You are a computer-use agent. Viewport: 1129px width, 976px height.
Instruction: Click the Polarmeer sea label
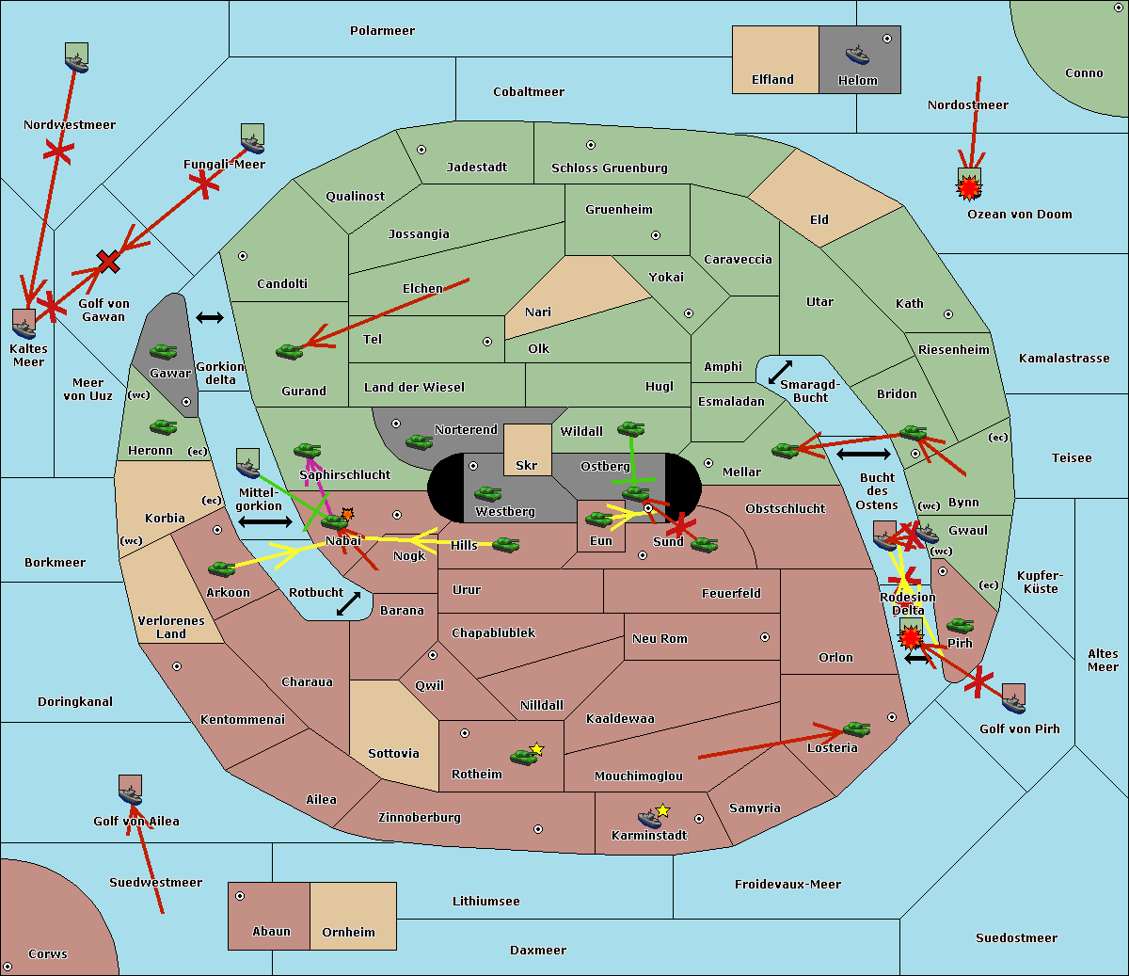(x=382, y=31)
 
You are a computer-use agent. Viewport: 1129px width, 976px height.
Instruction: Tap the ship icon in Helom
(x=856, y=54)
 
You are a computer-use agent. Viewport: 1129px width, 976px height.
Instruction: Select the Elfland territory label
(x=772, y=80)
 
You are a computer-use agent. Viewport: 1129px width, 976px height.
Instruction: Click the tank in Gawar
(x=163, y=352)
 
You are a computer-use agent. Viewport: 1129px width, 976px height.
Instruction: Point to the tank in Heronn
(x=164, y=427)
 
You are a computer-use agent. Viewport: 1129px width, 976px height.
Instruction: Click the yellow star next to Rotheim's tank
(x=537, y=749)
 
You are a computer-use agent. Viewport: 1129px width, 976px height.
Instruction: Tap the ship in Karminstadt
(x=649, y=817)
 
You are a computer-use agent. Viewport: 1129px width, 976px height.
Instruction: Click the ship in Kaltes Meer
(x=24, y=324)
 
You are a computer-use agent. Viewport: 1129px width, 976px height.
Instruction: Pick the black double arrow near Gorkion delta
(x=209, y=317)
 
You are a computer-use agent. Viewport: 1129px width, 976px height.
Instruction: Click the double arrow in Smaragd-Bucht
(x=780, y=373)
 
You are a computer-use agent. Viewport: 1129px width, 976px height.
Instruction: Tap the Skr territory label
(x=527, y=465)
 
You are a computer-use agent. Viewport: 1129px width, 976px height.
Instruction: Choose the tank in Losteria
(x=856, y=728)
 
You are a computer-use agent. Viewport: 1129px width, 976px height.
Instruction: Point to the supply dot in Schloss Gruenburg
(x=591, y=146)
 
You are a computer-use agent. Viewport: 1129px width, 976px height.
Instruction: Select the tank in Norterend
(x=419, y=441)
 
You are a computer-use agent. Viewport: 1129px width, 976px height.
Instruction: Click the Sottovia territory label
(x=393, y=754)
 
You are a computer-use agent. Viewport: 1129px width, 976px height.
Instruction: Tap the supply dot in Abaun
(x=240, y=896)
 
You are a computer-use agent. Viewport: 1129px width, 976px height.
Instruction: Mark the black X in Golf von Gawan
(x=108, y=261)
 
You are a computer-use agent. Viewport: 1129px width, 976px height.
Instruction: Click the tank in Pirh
(x=960, y=626)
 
